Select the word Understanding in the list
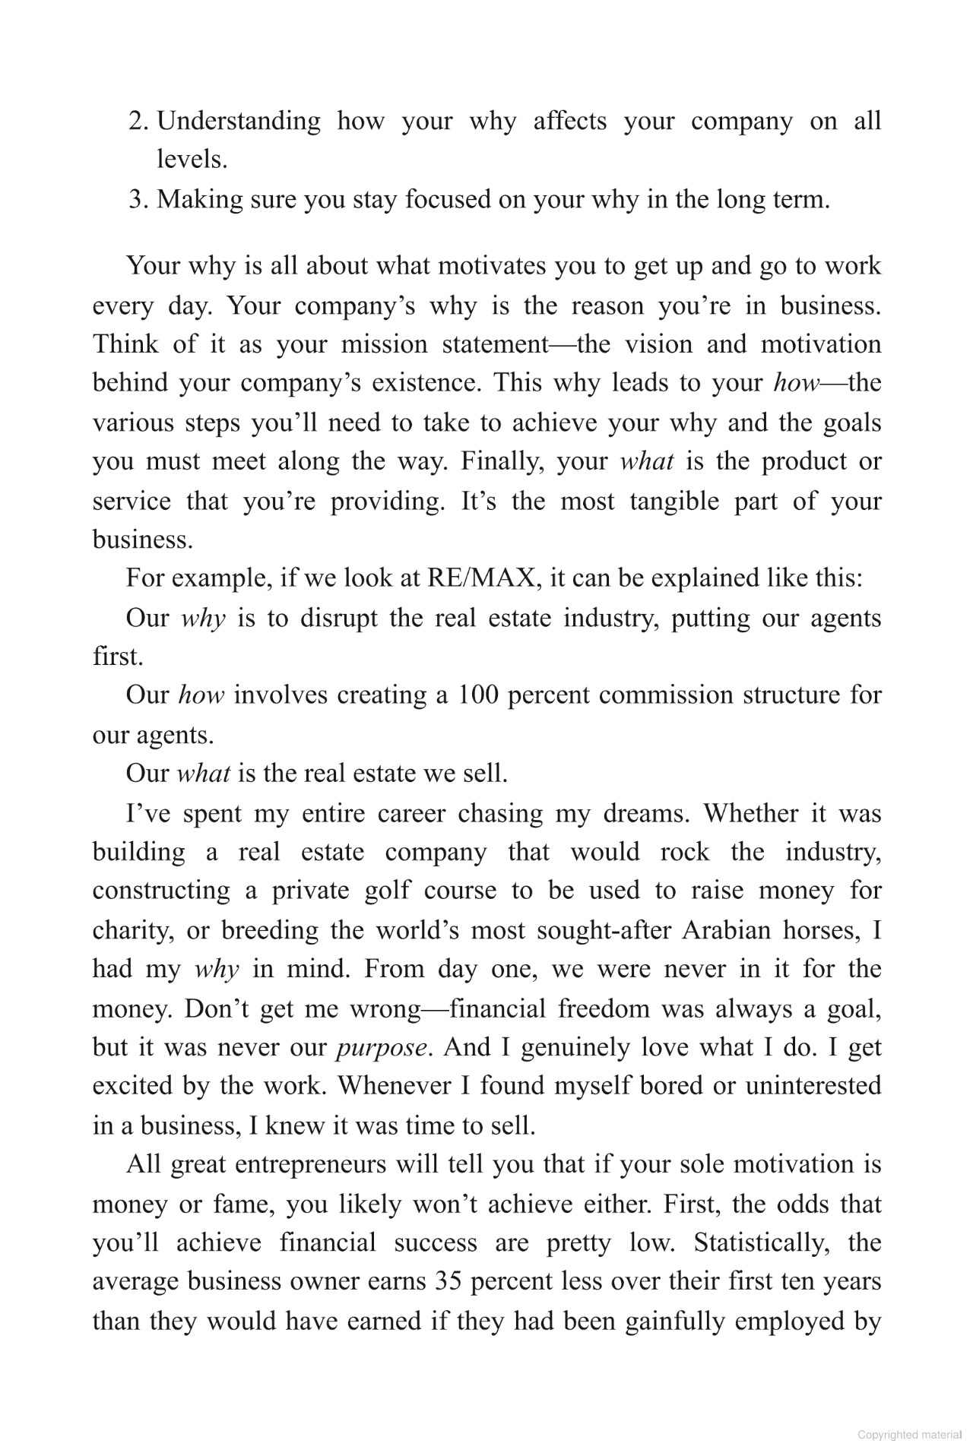click(x=239, y=122)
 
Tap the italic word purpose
click(x=381, y=1048)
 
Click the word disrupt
click(x=338, y=618)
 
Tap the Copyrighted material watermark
click(x=909, y=1435)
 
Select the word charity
click(x=132, y=930)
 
